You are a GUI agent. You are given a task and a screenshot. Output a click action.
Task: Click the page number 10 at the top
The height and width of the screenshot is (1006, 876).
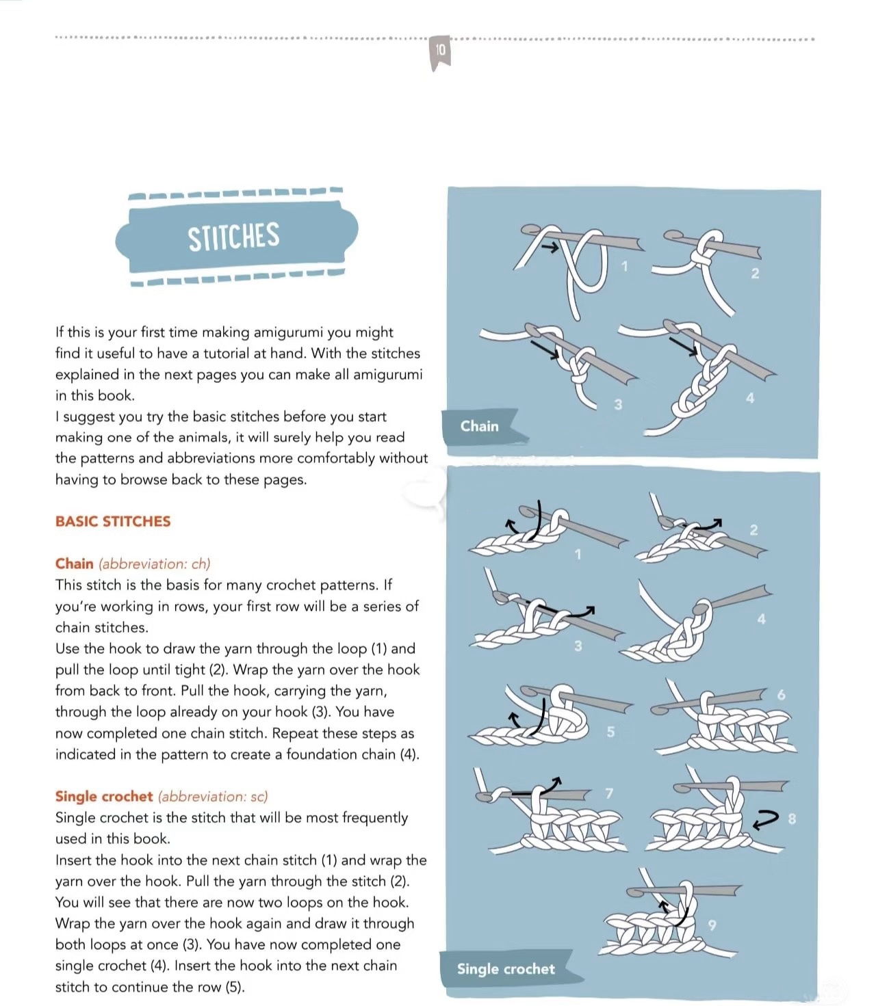pyautogui.click(x=440, y=50)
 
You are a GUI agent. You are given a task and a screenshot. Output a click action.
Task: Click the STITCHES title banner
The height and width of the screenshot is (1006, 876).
pyautogui.click(x=234, y=237)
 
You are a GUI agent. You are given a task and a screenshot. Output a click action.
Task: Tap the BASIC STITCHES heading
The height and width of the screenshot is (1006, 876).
pyautogui.click(x=113, y=521)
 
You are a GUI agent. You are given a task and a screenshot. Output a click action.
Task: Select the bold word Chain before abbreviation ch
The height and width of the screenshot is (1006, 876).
pyautogui.click(x=75, y=564)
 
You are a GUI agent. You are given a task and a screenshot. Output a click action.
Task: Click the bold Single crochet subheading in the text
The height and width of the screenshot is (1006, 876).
pyautogui.click(x=104, y=796)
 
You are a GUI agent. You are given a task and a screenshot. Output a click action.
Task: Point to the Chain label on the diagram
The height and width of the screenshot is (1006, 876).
pyautogui.click(x=480, y=426)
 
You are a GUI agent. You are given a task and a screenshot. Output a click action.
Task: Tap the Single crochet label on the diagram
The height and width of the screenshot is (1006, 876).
pyautogui.click(x=506, y=968)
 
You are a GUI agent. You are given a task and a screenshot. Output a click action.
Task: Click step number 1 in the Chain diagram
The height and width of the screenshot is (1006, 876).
pyautogui.click(x=624, y=266)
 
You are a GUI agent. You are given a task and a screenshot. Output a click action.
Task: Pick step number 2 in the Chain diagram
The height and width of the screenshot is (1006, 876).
pyautogui.click(x=755, y=274)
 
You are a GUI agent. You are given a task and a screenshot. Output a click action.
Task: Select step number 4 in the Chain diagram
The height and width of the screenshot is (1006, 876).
pyautogui.click(x=750, y=398)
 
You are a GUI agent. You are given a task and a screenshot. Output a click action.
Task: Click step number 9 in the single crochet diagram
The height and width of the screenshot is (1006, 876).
pyautogui.click(x=712, y=925)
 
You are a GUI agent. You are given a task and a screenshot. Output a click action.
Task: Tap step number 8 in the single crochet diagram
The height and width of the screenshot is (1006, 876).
pyautogui.click(x=792, y=819)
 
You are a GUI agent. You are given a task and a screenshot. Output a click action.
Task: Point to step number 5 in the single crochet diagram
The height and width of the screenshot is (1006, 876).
pyautogui.click(x=610, y=732)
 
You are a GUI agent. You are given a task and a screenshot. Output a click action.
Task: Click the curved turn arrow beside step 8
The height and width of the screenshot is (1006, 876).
pyautogui.click(x=766, y=818)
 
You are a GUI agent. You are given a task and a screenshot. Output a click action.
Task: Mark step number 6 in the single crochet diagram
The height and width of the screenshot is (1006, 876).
pyautogui.click(x=782, y=695)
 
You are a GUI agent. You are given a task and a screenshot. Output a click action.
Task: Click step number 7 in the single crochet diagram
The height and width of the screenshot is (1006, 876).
pyautogui.click(x=609, y=793)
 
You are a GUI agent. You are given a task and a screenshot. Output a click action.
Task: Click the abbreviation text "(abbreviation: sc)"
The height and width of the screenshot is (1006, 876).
pyautogui.click(x=213, y=796)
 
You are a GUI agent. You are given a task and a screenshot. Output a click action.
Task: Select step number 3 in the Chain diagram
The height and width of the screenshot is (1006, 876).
pyautogui.click(x=618, y=404)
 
